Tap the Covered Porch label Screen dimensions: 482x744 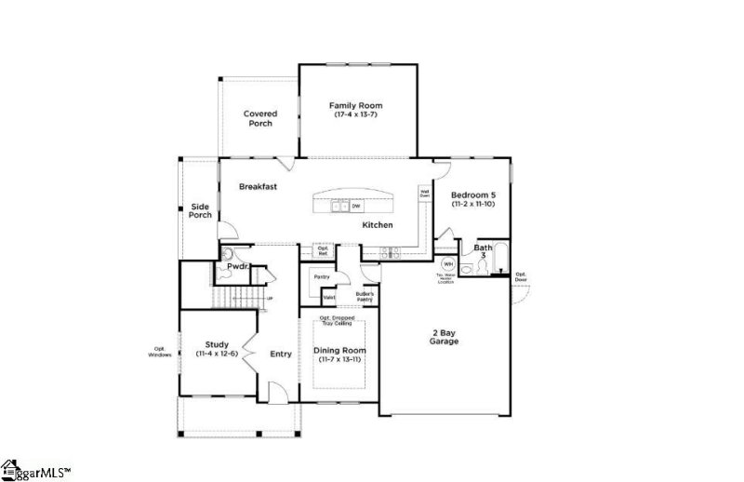(260, 118)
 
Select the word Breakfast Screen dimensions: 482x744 (258, 187)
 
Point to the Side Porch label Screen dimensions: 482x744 (201, 210)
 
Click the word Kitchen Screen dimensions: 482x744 (377, 225)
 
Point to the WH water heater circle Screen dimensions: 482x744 (448, 264)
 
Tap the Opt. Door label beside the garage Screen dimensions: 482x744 (521, 276)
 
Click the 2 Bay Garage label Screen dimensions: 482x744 (444, 337)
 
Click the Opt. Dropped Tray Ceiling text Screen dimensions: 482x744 (341, 322)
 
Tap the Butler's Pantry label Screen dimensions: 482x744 (365, 296)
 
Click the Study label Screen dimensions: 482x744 (217, 344)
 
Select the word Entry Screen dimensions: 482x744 (280, 354)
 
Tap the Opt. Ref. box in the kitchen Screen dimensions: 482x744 (324, 249)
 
